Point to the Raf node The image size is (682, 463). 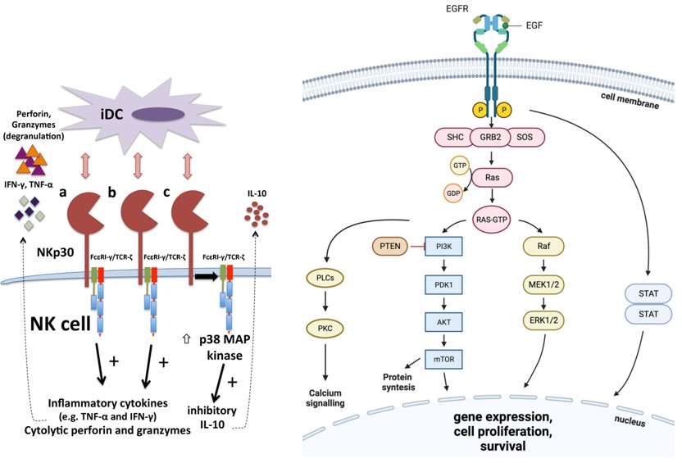coord(544,246)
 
